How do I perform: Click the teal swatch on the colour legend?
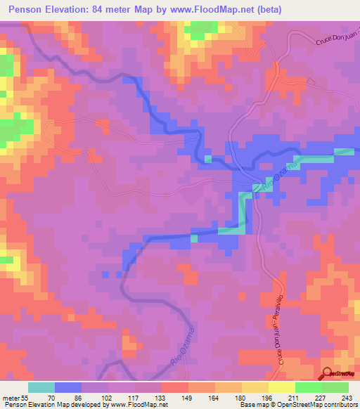[x=41, y=387]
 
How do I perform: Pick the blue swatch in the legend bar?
[x=68, y=387]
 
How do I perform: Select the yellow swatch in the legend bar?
[x=281, y=387]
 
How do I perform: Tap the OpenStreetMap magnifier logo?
[x=327, y=372]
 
